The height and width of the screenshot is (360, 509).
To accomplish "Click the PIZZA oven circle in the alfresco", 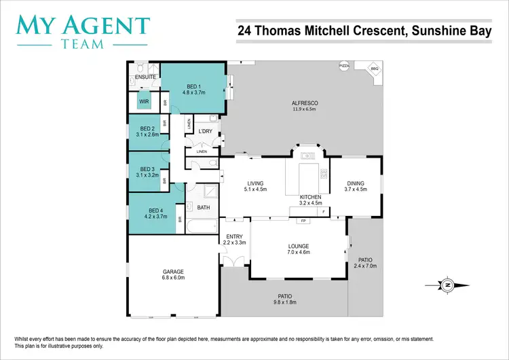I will pos(343,65).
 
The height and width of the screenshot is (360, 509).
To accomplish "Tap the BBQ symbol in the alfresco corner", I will pos(373,70).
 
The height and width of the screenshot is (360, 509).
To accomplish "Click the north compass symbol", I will pos(447,285).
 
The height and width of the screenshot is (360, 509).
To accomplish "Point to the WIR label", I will pos(144,102).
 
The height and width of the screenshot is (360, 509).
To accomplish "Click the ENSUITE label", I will pos(146,77).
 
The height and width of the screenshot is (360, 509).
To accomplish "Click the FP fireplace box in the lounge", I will pos(303,221).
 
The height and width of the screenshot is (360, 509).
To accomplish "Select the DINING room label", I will pos(356,183).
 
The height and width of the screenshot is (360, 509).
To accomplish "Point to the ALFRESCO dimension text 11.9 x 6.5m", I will pos(305,109).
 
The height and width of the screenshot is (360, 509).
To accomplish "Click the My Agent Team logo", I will pos(83,31).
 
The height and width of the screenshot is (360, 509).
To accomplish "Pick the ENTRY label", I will pos(234,236).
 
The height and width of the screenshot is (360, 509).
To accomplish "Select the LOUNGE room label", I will pos(299,246).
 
